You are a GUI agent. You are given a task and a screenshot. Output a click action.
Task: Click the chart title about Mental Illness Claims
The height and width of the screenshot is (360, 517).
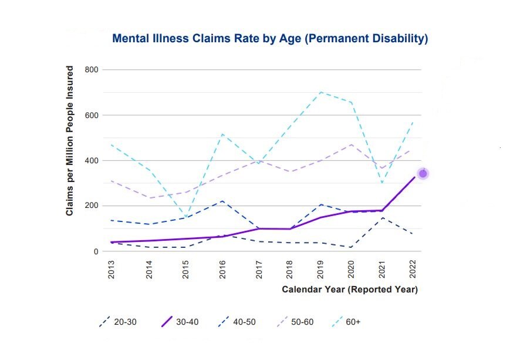click(x=270, y=39)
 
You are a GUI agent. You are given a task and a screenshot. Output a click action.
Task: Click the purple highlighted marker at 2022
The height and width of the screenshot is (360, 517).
click(x=423, y=173)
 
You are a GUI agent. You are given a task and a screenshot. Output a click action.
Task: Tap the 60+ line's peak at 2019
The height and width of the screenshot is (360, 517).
click(x=321, y=92)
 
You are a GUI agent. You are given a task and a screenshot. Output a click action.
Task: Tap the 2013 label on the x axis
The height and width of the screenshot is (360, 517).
click(x=111, y=271)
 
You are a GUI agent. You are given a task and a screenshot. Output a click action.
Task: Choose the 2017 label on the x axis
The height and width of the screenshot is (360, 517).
click(x=259, y=271)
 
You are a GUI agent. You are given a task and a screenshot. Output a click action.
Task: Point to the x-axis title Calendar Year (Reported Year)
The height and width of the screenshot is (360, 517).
click(x=349, y=290)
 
